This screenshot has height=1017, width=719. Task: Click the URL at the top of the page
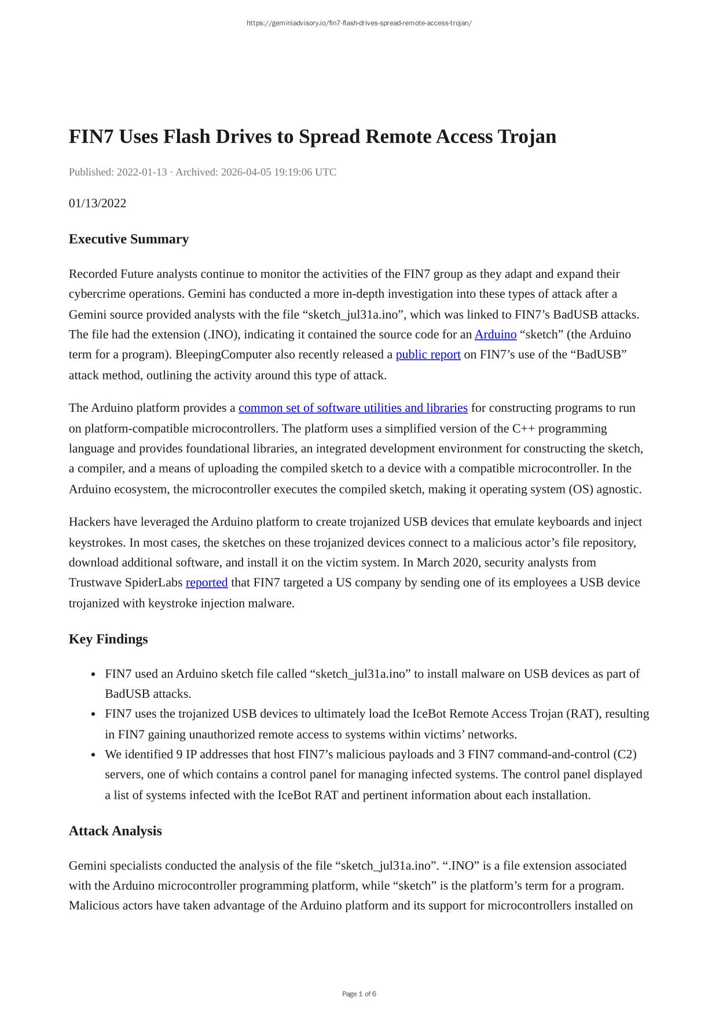point(359,23)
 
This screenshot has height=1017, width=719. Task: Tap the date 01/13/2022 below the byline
point(97,203)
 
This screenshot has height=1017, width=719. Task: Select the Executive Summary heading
point(129,239)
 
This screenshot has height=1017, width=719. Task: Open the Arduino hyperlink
point(495,335)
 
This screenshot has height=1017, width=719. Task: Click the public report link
point(428,354)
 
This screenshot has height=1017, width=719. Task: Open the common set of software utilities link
point(353,408)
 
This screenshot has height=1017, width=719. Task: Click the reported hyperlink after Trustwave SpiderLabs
point(207,583)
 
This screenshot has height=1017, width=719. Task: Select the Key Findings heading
point(108,639)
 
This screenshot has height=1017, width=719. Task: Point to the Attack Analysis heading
point(115,831)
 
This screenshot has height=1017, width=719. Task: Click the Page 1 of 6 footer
point(359,994)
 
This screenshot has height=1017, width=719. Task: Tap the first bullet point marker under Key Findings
point(93,675)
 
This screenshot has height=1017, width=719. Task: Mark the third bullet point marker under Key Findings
point(93,755)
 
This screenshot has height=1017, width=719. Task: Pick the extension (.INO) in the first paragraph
point(221,335)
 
